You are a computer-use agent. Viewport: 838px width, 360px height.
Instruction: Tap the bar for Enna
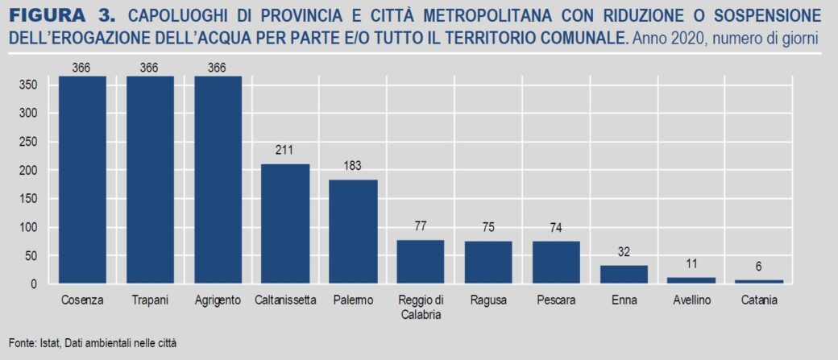[624, 275]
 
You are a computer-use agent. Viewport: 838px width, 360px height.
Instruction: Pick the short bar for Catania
[759, 282]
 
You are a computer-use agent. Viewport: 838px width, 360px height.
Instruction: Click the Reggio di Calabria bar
[421, 262]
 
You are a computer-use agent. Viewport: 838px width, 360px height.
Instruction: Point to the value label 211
[285, 149]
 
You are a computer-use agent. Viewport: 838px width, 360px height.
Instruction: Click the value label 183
[353, 165]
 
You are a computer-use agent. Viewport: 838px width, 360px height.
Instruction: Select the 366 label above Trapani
[149, 68]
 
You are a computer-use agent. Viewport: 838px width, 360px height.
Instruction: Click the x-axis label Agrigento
[218, 300]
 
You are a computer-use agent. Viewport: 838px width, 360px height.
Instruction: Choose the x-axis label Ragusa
[488, 300]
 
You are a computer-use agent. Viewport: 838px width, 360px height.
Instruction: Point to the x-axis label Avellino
[691, 300]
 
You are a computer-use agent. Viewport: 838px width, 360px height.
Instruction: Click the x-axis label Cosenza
[81, 300]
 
